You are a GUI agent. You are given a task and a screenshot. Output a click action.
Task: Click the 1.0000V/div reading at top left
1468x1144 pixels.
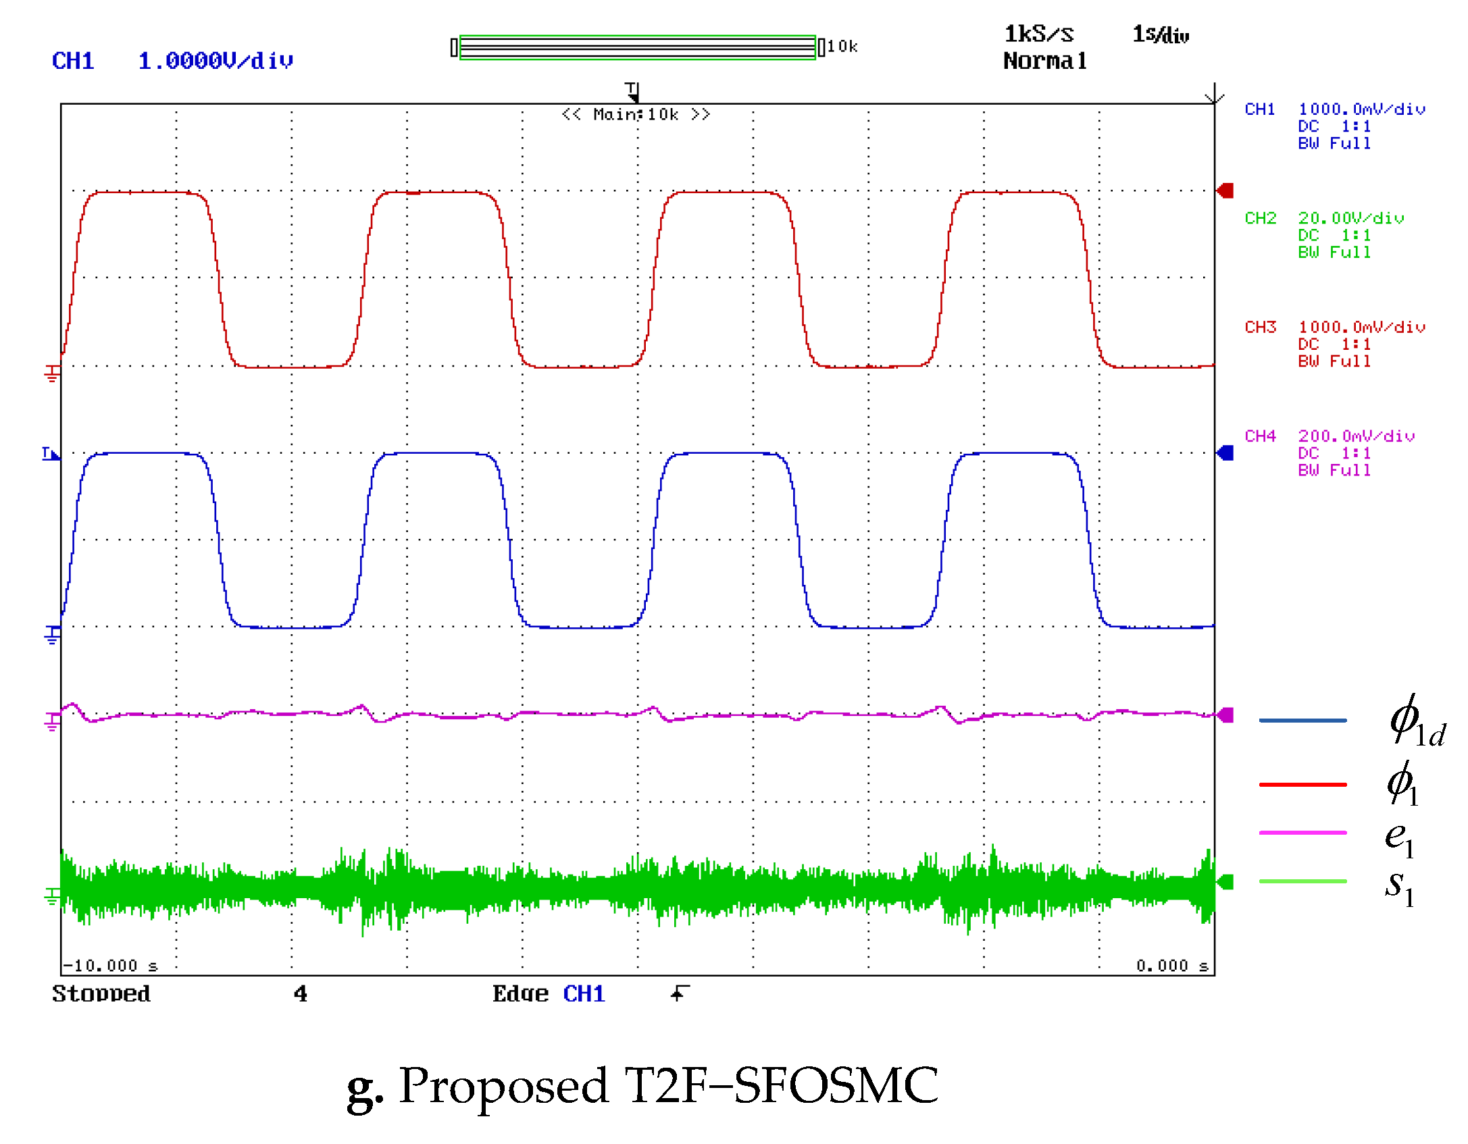click(215, 61)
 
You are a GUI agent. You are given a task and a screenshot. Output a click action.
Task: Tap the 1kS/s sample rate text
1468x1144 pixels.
click(1038, 34)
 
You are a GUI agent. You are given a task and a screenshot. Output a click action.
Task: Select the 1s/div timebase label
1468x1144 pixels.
click(1160, 34)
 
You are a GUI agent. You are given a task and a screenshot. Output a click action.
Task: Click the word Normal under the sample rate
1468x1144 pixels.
click(1044, 61)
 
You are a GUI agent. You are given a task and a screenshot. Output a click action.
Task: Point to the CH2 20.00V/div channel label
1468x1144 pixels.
click(1323, 218)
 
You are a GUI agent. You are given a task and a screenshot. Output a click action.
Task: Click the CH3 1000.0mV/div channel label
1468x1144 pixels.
click(1334, 327)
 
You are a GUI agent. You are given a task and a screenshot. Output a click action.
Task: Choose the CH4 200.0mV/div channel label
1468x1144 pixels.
click(1329, 436)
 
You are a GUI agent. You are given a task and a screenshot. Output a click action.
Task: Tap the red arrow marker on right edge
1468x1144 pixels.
click(1225, 190)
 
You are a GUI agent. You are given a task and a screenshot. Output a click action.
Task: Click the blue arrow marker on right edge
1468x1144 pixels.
click(1225, 452)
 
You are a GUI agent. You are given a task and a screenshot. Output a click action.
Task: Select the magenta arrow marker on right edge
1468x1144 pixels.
click(1225, 715)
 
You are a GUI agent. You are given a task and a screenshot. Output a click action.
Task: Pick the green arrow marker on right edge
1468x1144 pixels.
click(1225, 882)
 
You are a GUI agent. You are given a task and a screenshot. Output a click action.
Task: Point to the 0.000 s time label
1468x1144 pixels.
click(1171, 966)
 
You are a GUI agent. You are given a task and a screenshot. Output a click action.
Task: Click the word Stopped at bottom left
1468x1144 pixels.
click(101, 993)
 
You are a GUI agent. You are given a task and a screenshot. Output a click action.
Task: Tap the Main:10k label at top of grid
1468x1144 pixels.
click(635, 114)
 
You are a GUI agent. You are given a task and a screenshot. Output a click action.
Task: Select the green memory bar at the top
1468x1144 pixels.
click(637, 47)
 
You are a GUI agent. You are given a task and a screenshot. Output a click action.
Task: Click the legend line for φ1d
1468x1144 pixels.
click(1302, 721)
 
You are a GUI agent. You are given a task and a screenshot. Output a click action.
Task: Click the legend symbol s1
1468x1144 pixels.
click(1398, 887)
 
